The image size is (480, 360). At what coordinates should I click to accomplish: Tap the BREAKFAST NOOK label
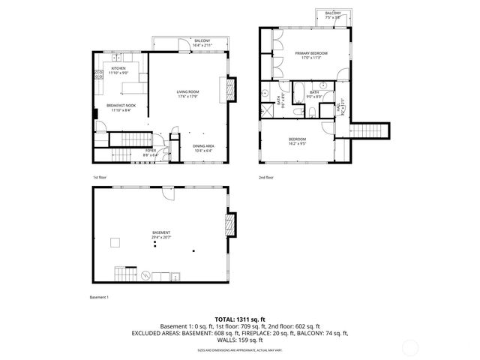click(x=121, y=107)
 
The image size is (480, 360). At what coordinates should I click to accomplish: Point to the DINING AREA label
click(x=202, y=148)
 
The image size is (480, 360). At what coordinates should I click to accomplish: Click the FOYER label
click(x=151, y=152)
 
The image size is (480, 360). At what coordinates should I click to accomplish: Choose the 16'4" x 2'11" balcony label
click(x=202, y=43)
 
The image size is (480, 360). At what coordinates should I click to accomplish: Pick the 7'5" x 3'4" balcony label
click(x=332, y=16)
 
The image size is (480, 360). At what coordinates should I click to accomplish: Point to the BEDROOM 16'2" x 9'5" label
click(x=298, y=142)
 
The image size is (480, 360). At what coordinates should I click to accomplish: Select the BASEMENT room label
click(x=160, y=235)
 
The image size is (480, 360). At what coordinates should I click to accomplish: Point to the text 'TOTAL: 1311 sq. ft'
click(x=239, y=319)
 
